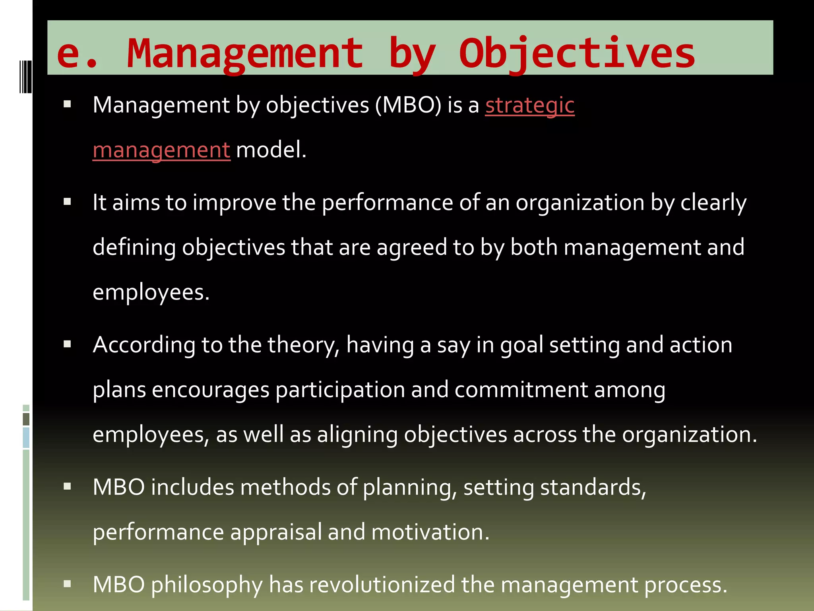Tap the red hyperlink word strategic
(530, 105)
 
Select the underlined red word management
(161, 150)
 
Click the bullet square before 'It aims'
(67, 202)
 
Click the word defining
(134, 247)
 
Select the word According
(144, 345)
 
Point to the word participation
(340, 390)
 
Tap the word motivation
(430, 532)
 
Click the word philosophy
(207, 585)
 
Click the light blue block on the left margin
(26, 438)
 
